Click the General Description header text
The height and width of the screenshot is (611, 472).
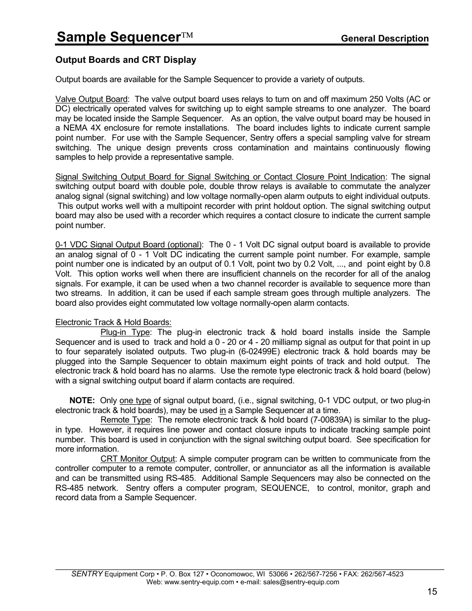[385, 39]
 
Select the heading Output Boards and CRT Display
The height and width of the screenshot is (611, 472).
[126, 60]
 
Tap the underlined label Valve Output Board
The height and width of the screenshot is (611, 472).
[91, 99]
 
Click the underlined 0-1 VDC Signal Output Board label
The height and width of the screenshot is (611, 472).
[129, 244]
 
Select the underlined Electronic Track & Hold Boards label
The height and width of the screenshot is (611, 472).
[113, 323]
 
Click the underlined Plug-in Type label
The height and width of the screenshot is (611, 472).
[125, 332]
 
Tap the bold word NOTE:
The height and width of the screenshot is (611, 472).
[82, 400]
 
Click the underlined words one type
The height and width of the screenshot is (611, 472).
[135, 400]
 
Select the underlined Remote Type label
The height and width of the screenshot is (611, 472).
[125, 420]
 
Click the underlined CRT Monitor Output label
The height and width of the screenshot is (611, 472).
[138, 459]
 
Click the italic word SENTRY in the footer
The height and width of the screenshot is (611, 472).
[87, 574]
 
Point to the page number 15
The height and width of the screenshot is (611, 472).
[433, 592]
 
